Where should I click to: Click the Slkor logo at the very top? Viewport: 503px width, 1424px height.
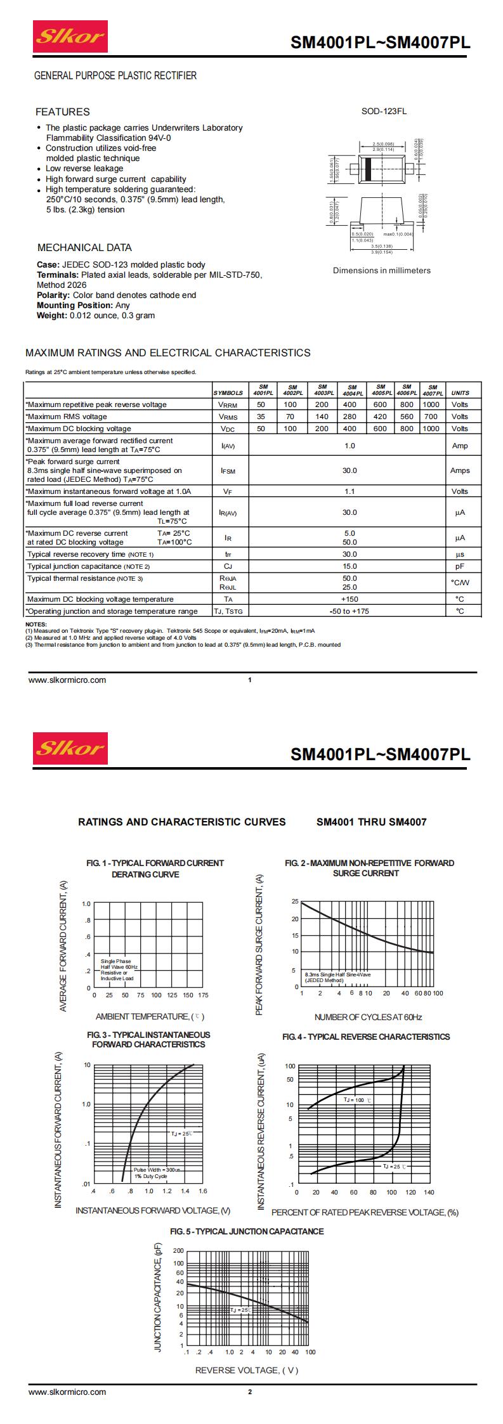click(x=70, y=37)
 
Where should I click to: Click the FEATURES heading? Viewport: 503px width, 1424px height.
click(x=62, y=112)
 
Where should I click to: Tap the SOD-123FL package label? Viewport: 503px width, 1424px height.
click(x=384, y=112)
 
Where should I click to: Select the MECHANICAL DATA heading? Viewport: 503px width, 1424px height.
click(x=84, y=248)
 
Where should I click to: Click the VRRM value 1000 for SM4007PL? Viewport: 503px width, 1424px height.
click(x=431, y=405)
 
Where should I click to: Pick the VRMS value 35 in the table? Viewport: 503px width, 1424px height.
click(x=261, y=417)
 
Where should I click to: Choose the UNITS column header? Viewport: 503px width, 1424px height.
click(x=460, y=393)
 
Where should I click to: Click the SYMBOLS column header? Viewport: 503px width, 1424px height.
click(x=228, y=393)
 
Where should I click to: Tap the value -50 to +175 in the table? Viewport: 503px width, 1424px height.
click(x=349, y=611)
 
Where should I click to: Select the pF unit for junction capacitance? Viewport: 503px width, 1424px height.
click(x=460, y=566)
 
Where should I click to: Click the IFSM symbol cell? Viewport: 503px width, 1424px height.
click(x=228, y=470)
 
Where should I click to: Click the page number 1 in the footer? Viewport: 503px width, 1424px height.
click(x=250, y=680)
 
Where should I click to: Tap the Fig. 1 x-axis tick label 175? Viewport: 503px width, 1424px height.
click(x=203, y=995)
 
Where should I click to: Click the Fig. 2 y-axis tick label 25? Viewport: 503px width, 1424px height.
click(x=295, y=901)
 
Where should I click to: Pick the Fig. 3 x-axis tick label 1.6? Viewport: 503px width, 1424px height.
click(x=203, y=1191)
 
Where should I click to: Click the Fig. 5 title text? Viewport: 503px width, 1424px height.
click(x=247, y=1231)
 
